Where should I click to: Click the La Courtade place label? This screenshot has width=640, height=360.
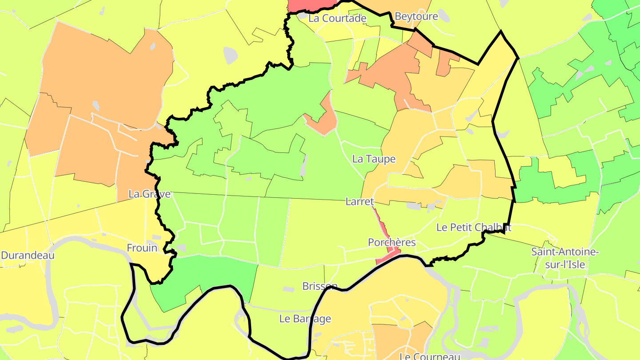(x=337, y=18)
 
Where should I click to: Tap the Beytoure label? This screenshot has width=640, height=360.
(x=416, y=16)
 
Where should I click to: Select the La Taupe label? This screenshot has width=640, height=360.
(x=373, y=159)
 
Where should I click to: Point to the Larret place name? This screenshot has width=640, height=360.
(x=360, y=202)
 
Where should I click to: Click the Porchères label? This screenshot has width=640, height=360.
(x=392, y=242)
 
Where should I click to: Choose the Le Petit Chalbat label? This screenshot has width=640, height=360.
(x=473, y=228)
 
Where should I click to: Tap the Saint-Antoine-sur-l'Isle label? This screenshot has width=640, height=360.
(x=565, y=258)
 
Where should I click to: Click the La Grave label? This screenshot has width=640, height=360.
(x=149, y=194)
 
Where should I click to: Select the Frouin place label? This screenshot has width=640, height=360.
(x=142, y=248)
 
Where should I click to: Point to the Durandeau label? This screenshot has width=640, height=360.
(x=28, y=255)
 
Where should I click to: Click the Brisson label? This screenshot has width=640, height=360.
(x=320, y=286)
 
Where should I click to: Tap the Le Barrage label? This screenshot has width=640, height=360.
(x=305, y=319)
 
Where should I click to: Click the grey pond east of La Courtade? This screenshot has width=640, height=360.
(x=443, y=16)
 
